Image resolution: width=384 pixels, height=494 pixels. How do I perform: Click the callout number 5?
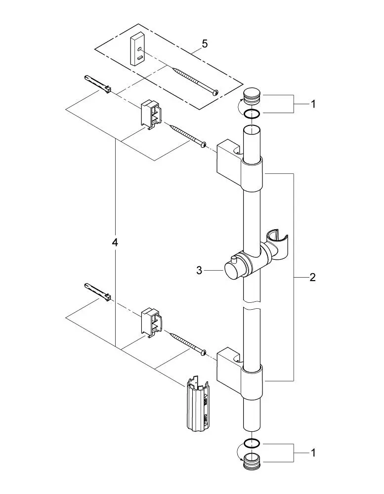(205, 44)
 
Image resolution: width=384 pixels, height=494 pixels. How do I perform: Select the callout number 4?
(115, 243)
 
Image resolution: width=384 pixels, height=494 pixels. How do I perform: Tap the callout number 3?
(200, 270)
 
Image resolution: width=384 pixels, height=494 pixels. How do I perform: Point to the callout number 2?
(312, 277)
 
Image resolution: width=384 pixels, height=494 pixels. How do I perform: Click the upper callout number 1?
(312, 104)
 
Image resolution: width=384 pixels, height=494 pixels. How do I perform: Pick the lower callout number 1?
(312, 452)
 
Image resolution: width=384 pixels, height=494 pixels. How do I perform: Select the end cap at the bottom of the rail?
(252, 462)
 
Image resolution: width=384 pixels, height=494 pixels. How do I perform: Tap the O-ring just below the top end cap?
(252, 115)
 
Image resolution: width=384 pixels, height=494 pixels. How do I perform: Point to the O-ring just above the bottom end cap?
(252, 442)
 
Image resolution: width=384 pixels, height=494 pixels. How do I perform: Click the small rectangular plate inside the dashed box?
(137, 49)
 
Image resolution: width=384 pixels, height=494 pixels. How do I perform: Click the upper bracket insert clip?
(151, 115)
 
